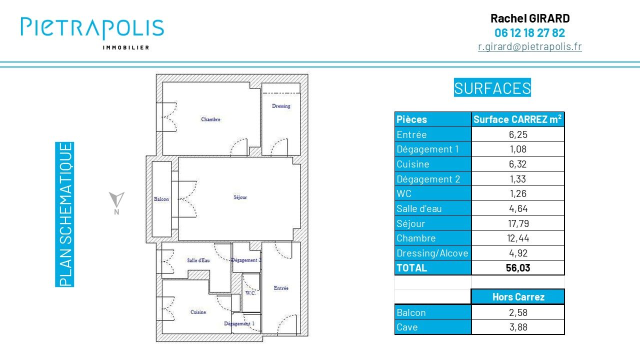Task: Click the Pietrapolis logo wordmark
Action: coord(92,28)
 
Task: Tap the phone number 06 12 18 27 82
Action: coord(529,33)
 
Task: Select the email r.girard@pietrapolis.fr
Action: coord(529,46)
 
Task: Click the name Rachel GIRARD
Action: coord(530,18)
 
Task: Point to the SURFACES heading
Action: coord(492,87)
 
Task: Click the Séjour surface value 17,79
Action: coord(518,223)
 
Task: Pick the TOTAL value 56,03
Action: coord(518,267)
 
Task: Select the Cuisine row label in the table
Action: coord(413,164)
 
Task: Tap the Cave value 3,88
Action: coord(518,327)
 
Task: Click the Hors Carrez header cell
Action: coord(518,297)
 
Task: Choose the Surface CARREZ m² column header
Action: coord(517,119)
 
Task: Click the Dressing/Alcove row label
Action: coord(432,253)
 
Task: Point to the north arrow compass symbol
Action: coord(116,199)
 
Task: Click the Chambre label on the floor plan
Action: coord(210,119)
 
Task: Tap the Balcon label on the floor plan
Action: coord(161,199)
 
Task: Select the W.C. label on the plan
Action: coord(250,293)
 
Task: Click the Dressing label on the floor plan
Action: coord(281,106)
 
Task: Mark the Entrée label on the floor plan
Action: coord(281,288)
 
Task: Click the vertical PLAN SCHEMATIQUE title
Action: coord(65,214)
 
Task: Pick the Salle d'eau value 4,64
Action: coord(518,208)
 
